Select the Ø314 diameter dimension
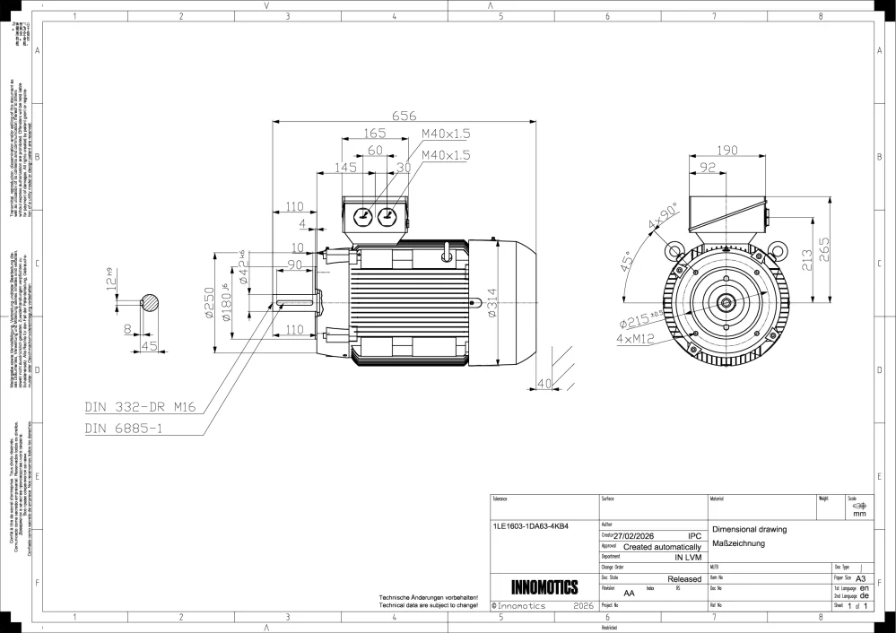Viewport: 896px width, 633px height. pos(492,303)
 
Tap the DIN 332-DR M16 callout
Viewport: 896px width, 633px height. pos(140,407)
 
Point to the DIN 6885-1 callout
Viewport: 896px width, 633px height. pos(124,428)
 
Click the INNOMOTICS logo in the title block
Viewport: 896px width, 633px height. pos(544,587)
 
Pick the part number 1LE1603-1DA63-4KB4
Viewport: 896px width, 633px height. pos(531,526)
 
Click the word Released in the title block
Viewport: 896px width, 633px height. pos(684,579)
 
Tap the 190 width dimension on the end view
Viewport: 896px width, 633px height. pos(727,149)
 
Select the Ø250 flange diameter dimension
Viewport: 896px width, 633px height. pos(208,303)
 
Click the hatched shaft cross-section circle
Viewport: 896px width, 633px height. pos(149,303)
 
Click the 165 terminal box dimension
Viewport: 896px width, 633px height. pos(375,133)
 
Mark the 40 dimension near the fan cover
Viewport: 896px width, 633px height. pos(543,384)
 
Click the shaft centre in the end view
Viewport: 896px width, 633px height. pos(726,303)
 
